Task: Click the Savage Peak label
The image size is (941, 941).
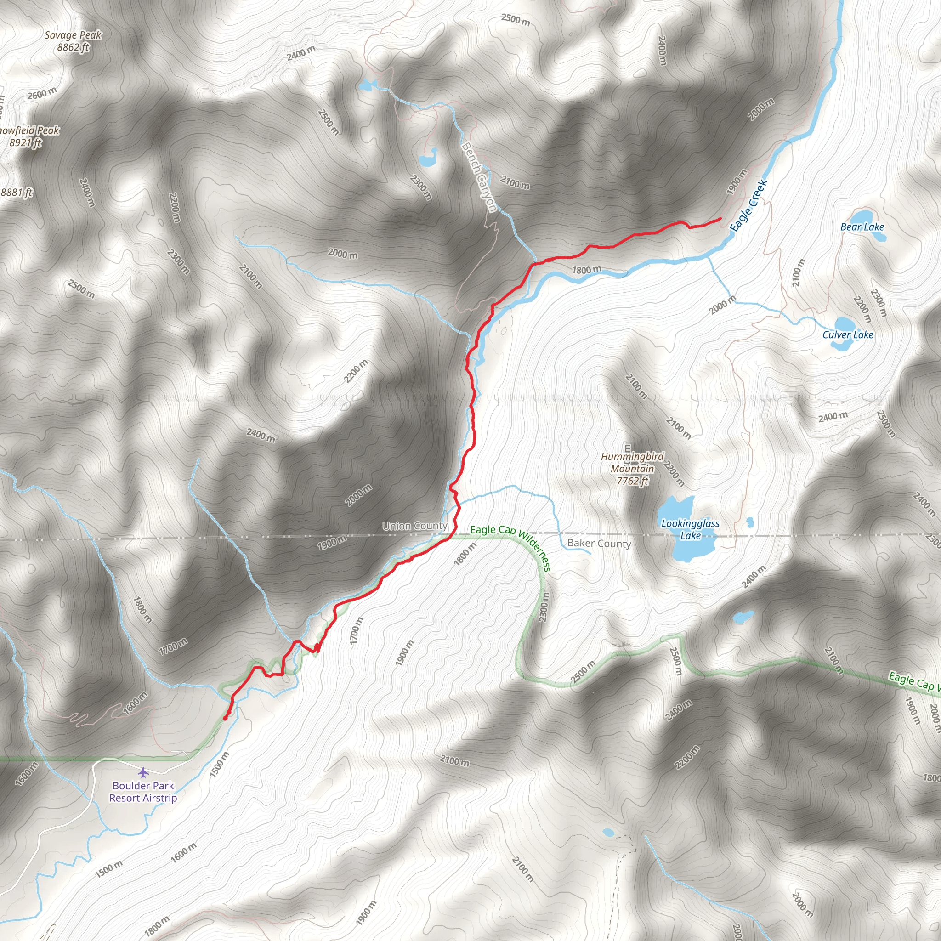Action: (x=73, y=35)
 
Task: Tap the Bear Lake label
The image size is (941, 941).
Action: (x=862, y=227)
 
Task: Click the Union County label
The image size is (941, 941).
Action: (x=414, y=526)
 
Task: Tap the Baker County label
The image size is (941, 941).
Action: (x=599, y=544)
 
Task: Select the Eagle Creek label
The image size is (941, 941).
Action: (x=748, y=205)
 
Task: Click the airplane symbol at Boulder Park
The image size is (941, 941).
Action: (x=143, y=772)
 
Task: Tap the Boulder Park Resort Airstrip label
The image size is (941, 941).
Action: (x=143, y=792)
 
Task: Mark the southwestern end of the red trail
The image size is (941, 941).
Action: (x=225, y=718)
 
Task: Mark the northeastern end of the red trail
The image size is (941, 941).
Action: (x=720, y=219)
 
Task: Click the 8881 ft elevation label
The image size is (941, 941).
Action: (x=16, y=193)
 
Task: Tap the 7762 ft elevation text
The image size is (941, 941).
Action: (x=632, y=481)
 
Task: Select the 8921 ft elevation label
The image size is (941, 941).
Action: (x=25, y=143)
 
